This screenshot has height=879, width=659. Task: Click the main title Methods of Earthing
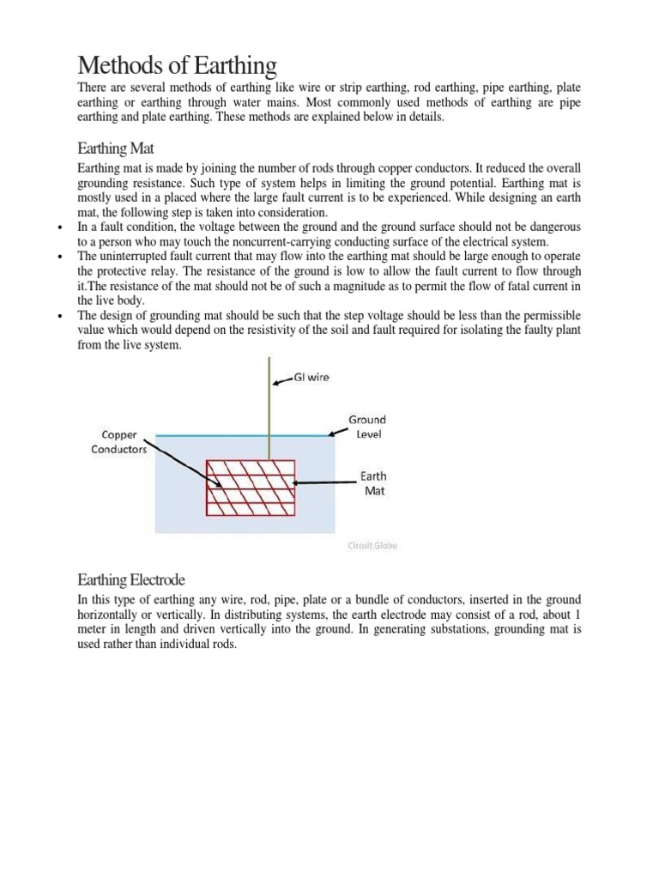click(x=178, y=65)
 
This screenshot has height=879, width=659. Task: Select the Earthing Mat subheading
click(x=117, y=148)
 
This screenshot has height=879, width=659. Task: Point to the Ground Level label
click(x=366, y=427)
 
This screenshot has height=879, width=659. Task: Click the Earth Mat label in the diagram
click(x=373, y=483)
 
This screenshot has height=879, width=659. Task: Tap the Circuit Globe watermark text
click(x=372, y=544)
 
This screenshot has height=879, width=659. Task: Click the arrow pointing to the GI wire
click(x=284, y=379)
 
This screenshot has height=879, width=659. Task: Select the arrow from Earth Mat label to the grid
click(x=327, y=482)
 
